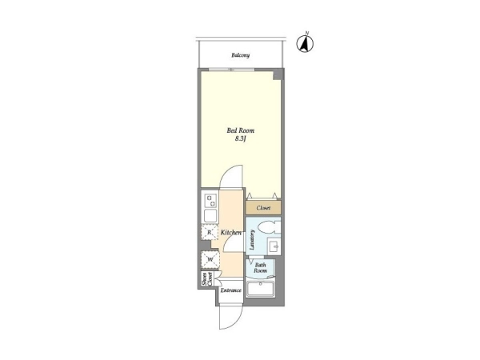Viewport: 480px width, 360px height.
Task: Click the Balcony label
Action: click(240, 55)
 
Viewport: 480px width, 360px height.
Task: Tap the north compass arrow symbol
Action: click(305, 44)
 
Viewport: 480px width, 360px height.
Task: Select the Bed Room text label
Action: click(241, 130)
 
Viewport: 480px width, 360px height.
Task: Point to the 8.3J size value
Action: click(241, 139)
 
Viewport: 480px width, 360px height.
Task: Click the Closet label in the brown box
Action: click(263, 208)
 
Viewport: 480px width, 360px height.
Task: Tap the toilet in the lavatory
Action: click(269, 228)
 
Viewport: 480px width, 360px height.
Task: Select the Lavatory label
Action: click(252, 240)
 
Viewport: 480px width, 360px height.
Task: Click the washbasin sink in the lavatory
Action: click(274, 246)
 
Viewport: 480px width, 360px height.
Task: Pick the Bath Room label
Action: click(260, 268)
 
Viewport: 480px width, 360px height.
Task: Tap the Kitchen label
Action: click(231, 233)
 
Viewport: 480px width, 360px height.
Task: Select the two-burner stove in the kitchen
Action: click(210, 201)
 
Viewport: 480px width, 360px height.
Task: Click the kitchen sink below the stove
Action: click(210, 216)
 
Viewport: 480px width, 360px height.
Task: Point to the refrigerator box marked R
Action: click(210, 232)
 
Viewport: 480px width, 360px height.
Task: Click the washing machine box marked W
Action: click(210, 260)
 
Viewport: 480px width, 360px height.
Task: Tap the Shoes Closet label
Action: click(207, 279)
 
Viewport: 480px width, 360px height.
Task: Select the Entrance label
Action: click(231, 290)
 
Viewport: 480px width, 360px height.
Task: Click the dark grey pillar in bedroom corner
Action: click(278, 74)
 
